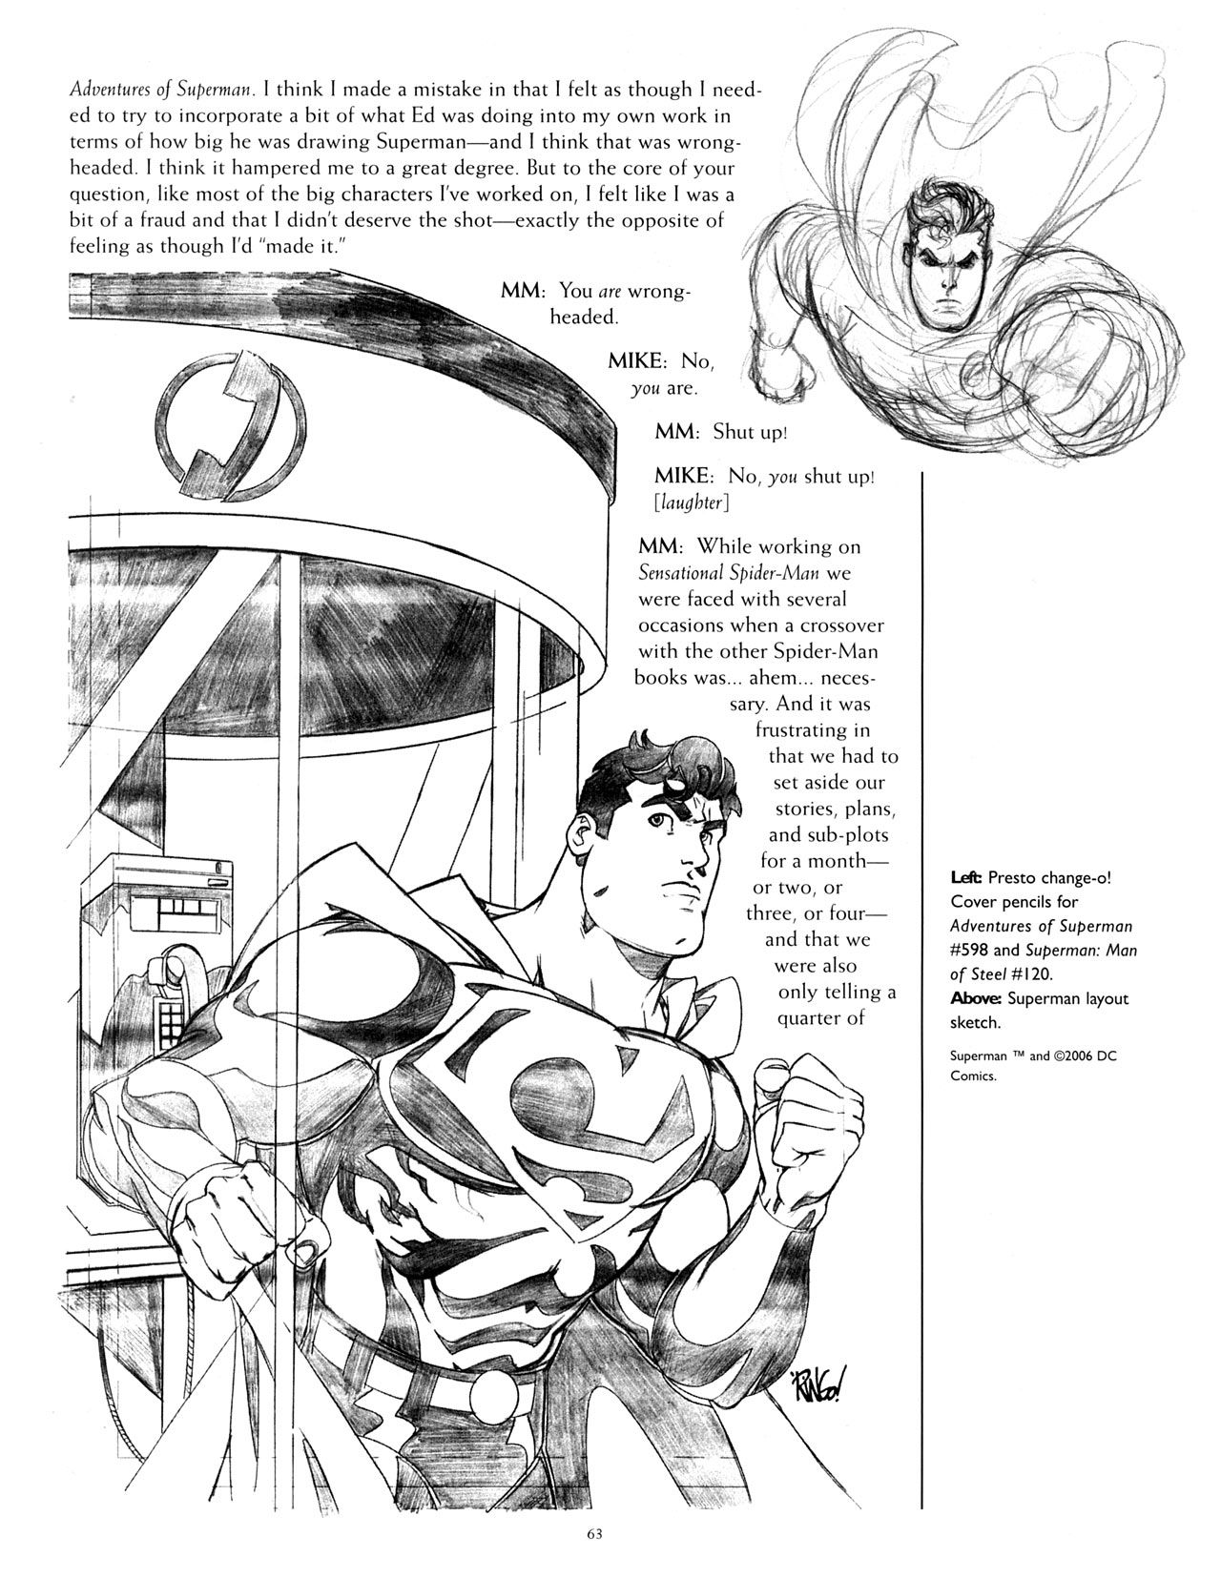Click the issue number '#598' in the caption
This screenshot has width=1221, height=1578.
(x=969, y=950)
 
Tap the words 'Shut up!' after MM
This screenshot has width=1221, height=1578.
(x=750, y=431)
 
